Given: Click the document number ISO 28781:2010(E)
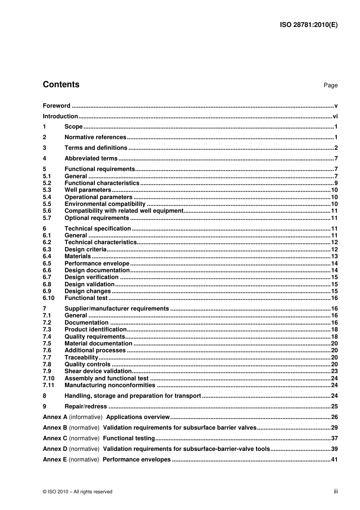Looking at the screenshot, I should pyautogui.click(x=308, y=25).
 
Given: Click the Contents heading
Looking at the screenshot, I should pyautogui.click(x=61, y=85).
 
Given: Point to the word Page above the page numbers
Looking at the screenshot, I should pyautogui.click(x=330, y=85).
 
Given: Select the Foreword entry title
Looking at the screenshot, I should pyautogui.click(x=56, y=106).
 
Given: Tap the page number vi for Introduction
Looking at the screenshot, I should pyautogui.click(x=335, y=116).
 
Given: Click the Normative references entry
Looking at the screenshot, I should pyautogui.click(x=95, y=137).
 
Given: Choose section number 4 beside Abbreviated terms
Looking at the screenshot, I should pyautogui.click(x=44, y=158).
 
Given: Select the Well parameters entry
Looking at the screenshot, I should pyautogui.click(x=88, y=190).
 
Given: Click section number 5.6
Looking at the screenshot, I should pyautogui.click(x=47, y=211).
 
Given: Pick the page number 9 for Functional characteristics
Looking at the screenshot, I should pyautogui.click(x=336, y=183).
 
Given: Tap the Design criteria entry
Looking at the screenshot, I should pyautogui.click(x=85, y=250).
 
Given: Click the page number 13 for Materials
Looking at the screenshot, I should pyautogui.click(x=334, y=256).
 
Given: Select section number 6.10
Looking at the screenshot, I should pyautogui.click(x=49, y=298).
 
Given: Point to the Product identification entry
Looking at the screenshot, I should pyautogui.click(x=95, y=330).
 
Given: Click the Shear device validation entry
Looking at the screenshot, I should pyautogui.click(x=98, y=371).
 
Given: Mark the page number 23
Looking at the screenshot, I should pyautogui.click(x=334, y=371).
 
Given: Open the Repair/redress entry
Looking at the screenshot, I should pyautogui.click(x=86, y=406).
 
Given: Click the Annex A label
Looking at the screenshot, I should pyautogui.click(x=55, y=417).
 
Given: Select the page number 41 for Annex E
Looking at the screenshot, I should pyautogui.click(x=334, y=460).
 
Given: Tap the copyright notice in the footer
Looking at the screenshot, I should pyautogui.click(x=77, y=492).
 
